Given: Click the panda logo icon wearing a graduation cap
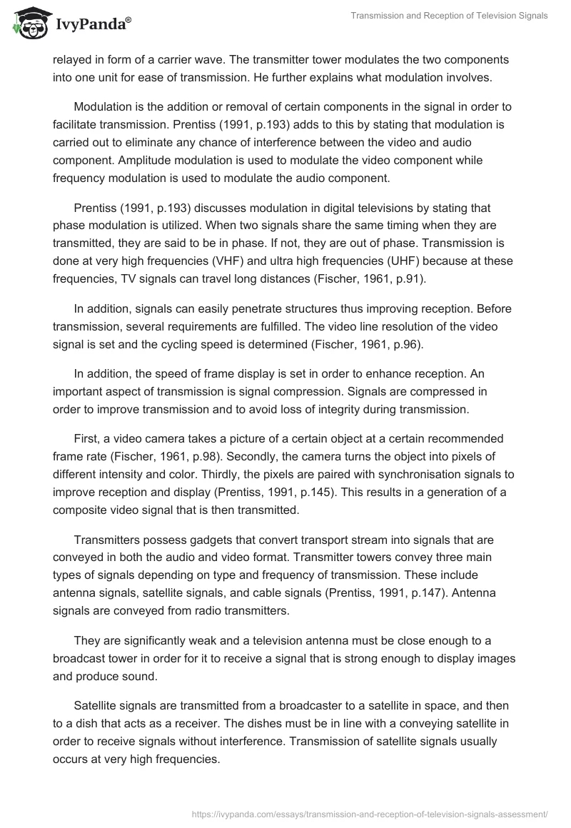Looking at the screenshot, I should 28,23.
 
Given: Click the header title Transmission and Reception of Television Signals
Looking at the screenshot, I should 450,16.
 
